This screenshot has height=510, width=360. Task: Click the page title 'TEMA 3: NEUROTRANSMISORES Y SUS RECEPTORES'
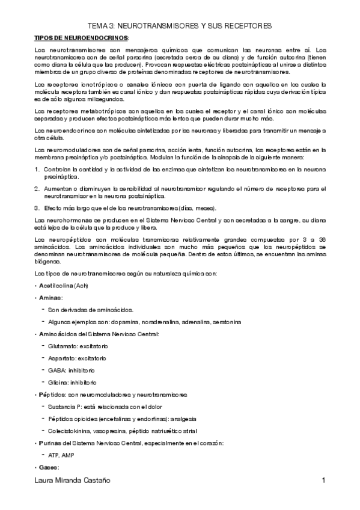(180, 26)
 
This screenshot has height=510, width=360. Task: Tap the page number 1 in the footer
(323, 481)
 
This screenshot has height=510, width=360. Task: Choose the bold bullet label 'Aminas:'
(50, 298)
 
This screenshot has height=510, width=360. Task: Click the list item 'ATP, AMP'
(62, 455)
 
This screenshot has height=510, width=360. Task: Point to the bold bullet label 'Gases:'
(49, 467)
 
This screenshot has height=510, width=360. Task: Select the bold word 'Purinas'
(50, 443)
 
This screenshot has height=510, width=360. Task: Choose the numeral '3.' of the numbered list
(37, 208)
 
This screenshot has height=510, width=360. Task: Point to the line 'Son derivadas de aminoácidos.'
(91, 310)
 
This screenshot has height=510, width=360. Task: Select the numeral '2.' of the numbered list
(37, 190)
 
